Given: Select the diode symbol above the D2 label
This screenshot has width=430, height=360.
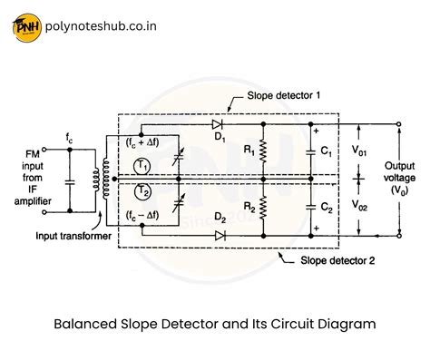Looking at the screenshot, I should (220, 235).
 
